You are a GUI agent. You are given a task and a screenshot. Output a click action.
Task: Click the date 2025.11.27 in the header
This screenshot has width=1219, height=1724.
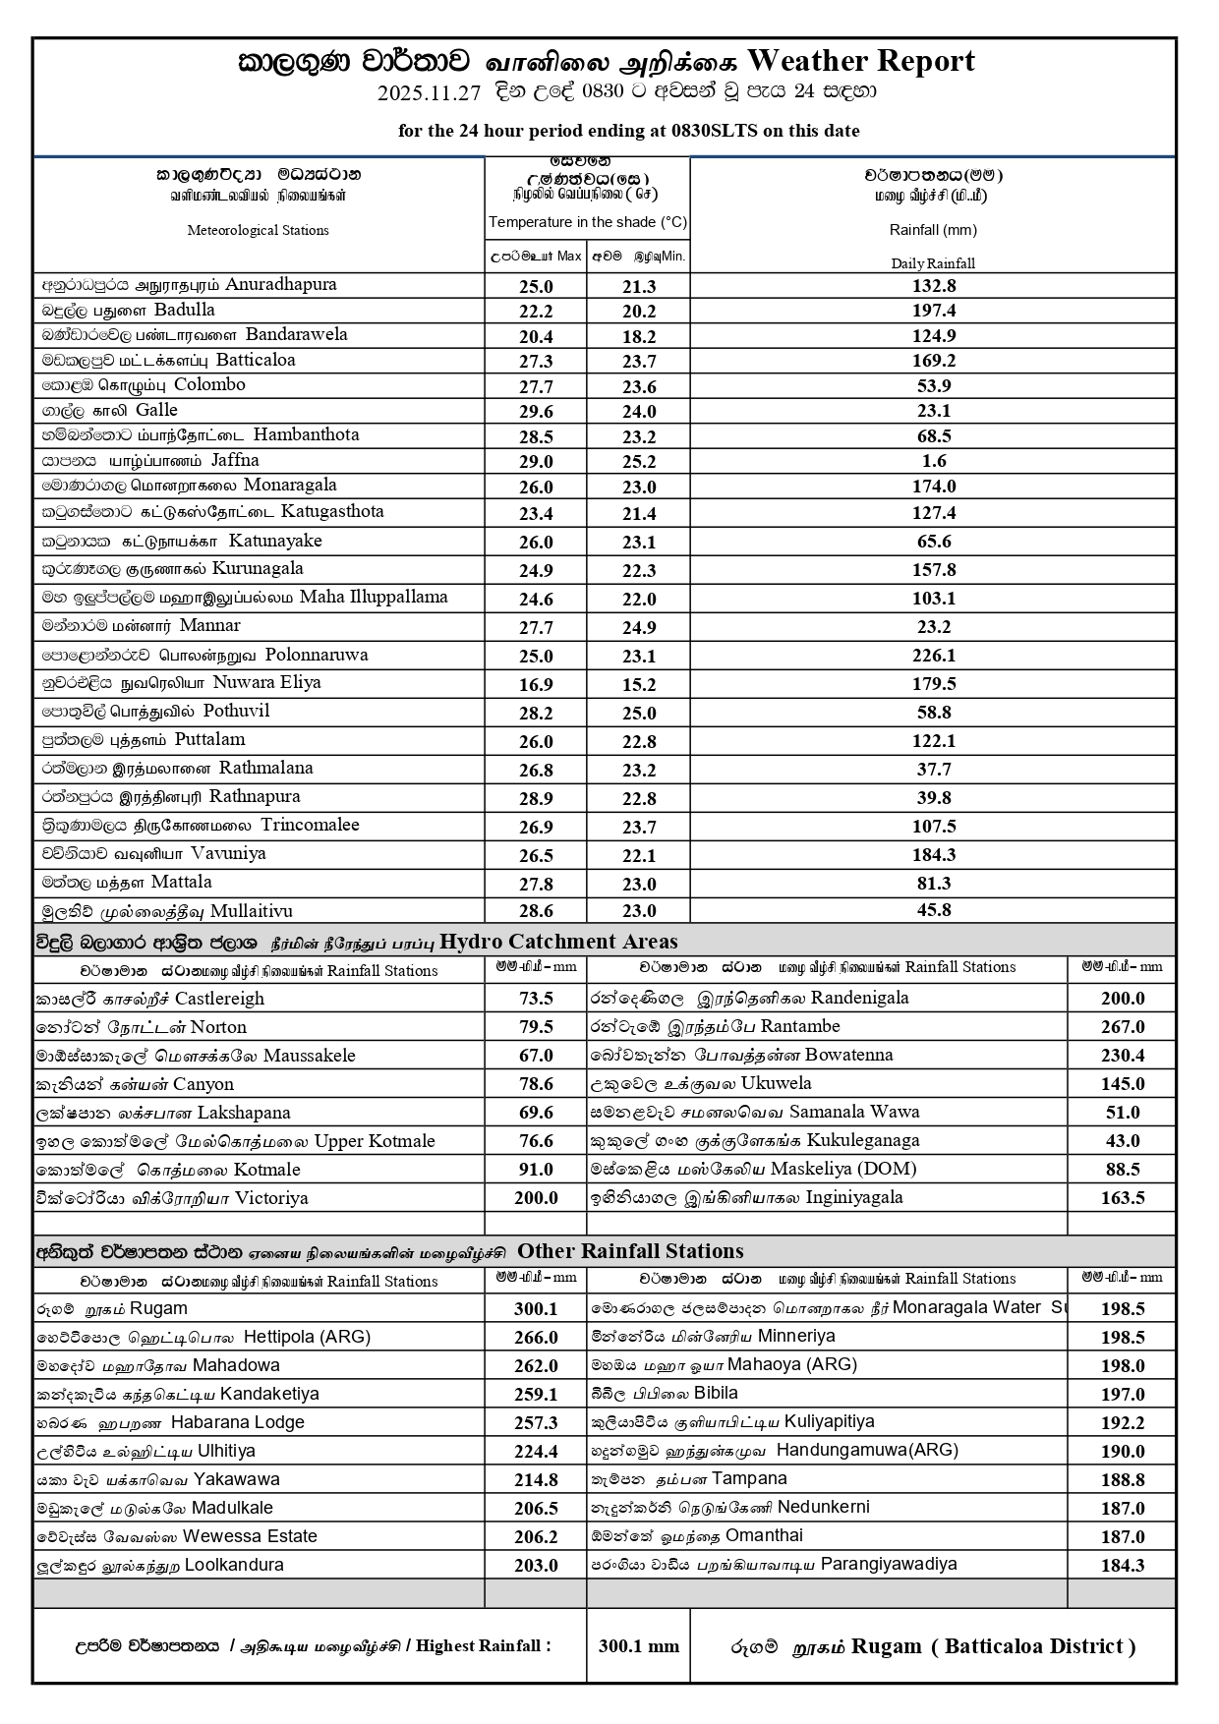point(429,93)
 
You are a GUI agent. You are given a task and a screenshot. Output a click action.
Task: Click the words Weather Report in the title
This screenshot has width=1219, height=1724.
point(861,61)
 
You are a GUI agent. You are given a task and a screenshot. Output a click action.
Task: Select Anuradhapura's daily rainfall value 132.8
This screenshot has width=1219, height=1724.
point(933,286)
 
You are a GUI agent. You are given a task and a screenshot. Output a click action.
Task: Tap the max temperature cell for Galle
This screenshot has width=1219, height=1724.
point(536,412)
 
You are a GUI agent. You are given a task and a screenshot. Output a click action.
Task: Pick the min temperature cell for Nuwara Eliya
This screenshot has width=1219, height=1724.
point(638,684)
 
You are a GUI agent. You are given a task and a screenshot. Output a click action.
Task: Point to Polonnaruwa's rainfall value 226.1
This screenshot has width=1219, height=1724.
point(933,656)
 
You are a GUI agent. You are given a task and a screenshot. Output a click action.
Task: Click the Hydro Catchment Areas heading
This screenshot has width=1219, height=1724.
point(558,942)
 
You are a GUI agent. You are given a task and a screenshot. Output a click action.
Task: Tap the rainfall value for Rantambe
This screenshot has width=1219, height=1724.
point(1122,1027)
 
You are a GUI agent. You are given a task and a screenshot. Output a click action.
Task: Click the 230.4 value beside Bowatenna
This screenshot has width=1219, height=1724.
point(1122,1056)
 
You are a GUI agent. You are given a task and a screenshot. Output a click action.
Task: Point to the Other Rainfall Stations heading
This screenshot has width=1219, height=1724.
point(630,1251)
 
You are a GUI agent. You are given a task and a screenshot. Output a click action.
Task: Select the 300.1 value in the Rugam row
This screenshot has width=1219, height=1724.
point(536,1309)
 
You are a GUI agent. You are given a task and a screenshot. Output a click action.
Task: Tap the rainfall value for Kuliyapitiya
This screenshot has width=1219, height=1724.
point(1122,1422)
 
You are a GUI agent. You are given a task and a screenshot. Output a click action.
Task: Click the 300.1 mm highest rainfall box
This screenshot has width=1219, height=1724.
point(638,1646)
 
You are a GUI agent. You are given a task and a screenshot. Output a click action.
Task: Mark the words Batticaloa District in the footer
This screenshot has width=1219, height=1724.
point(1039,1646)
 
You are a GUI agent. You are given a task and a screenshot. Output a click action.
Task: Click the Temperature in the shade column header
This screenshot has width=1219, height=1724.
point(588,222)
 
